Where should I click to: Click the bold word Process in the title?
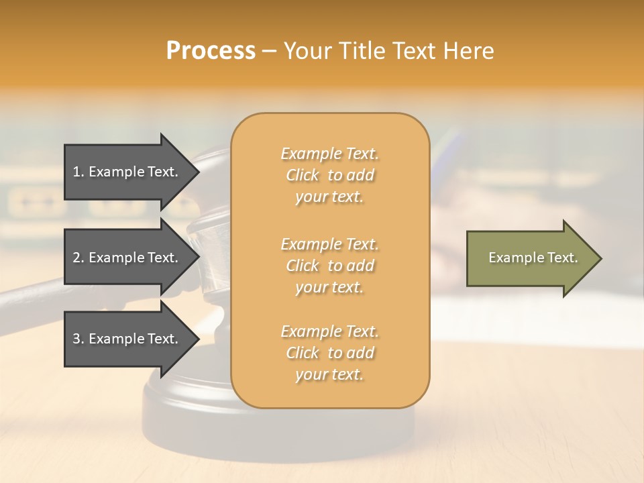211,51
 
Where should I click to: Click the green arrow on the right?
530,258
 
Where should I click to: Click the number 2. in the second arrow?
78,258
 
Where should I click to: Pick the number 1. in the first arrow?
78,172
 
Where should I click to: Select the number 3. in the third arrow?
78,339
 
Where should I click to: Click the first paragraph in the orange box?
329,175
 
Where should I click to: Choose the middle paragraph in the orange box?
329,266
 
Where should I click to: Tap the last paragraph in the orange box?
329,353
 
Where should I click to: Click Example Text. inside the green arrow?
533,258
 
